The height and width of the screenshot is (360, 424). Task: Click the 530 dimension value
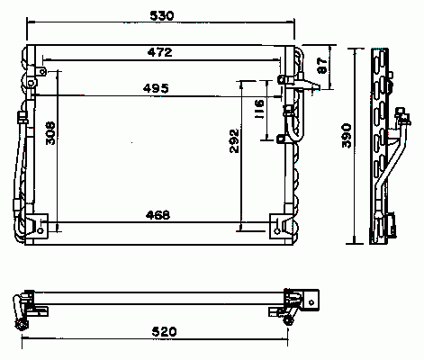click(x=162, y=15)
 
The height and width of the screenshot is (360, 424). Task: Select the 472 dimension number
click(x=160, y=52)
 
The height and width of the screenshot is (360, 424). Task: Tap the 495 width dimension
click(x=156, y=88)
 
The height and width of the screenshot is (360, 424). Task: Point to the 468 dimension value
click(x=158, y=215)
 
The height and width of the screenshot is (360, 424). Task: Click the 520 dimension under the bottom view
click(x=164, y=331)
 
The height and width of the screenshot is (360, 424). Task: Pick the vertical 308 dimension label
click(x=50, y=133)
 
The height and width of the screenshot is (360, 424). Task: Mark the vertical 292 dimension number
click(x=234, y=141)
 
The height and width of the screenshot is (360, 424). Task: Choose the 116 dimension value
click(x=259, y=109)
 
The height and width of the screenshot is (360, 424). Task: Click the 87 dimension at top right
click(x=322, y=66)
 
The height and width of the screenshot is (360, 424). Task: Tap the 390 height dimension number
click(x=347, y=136)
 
